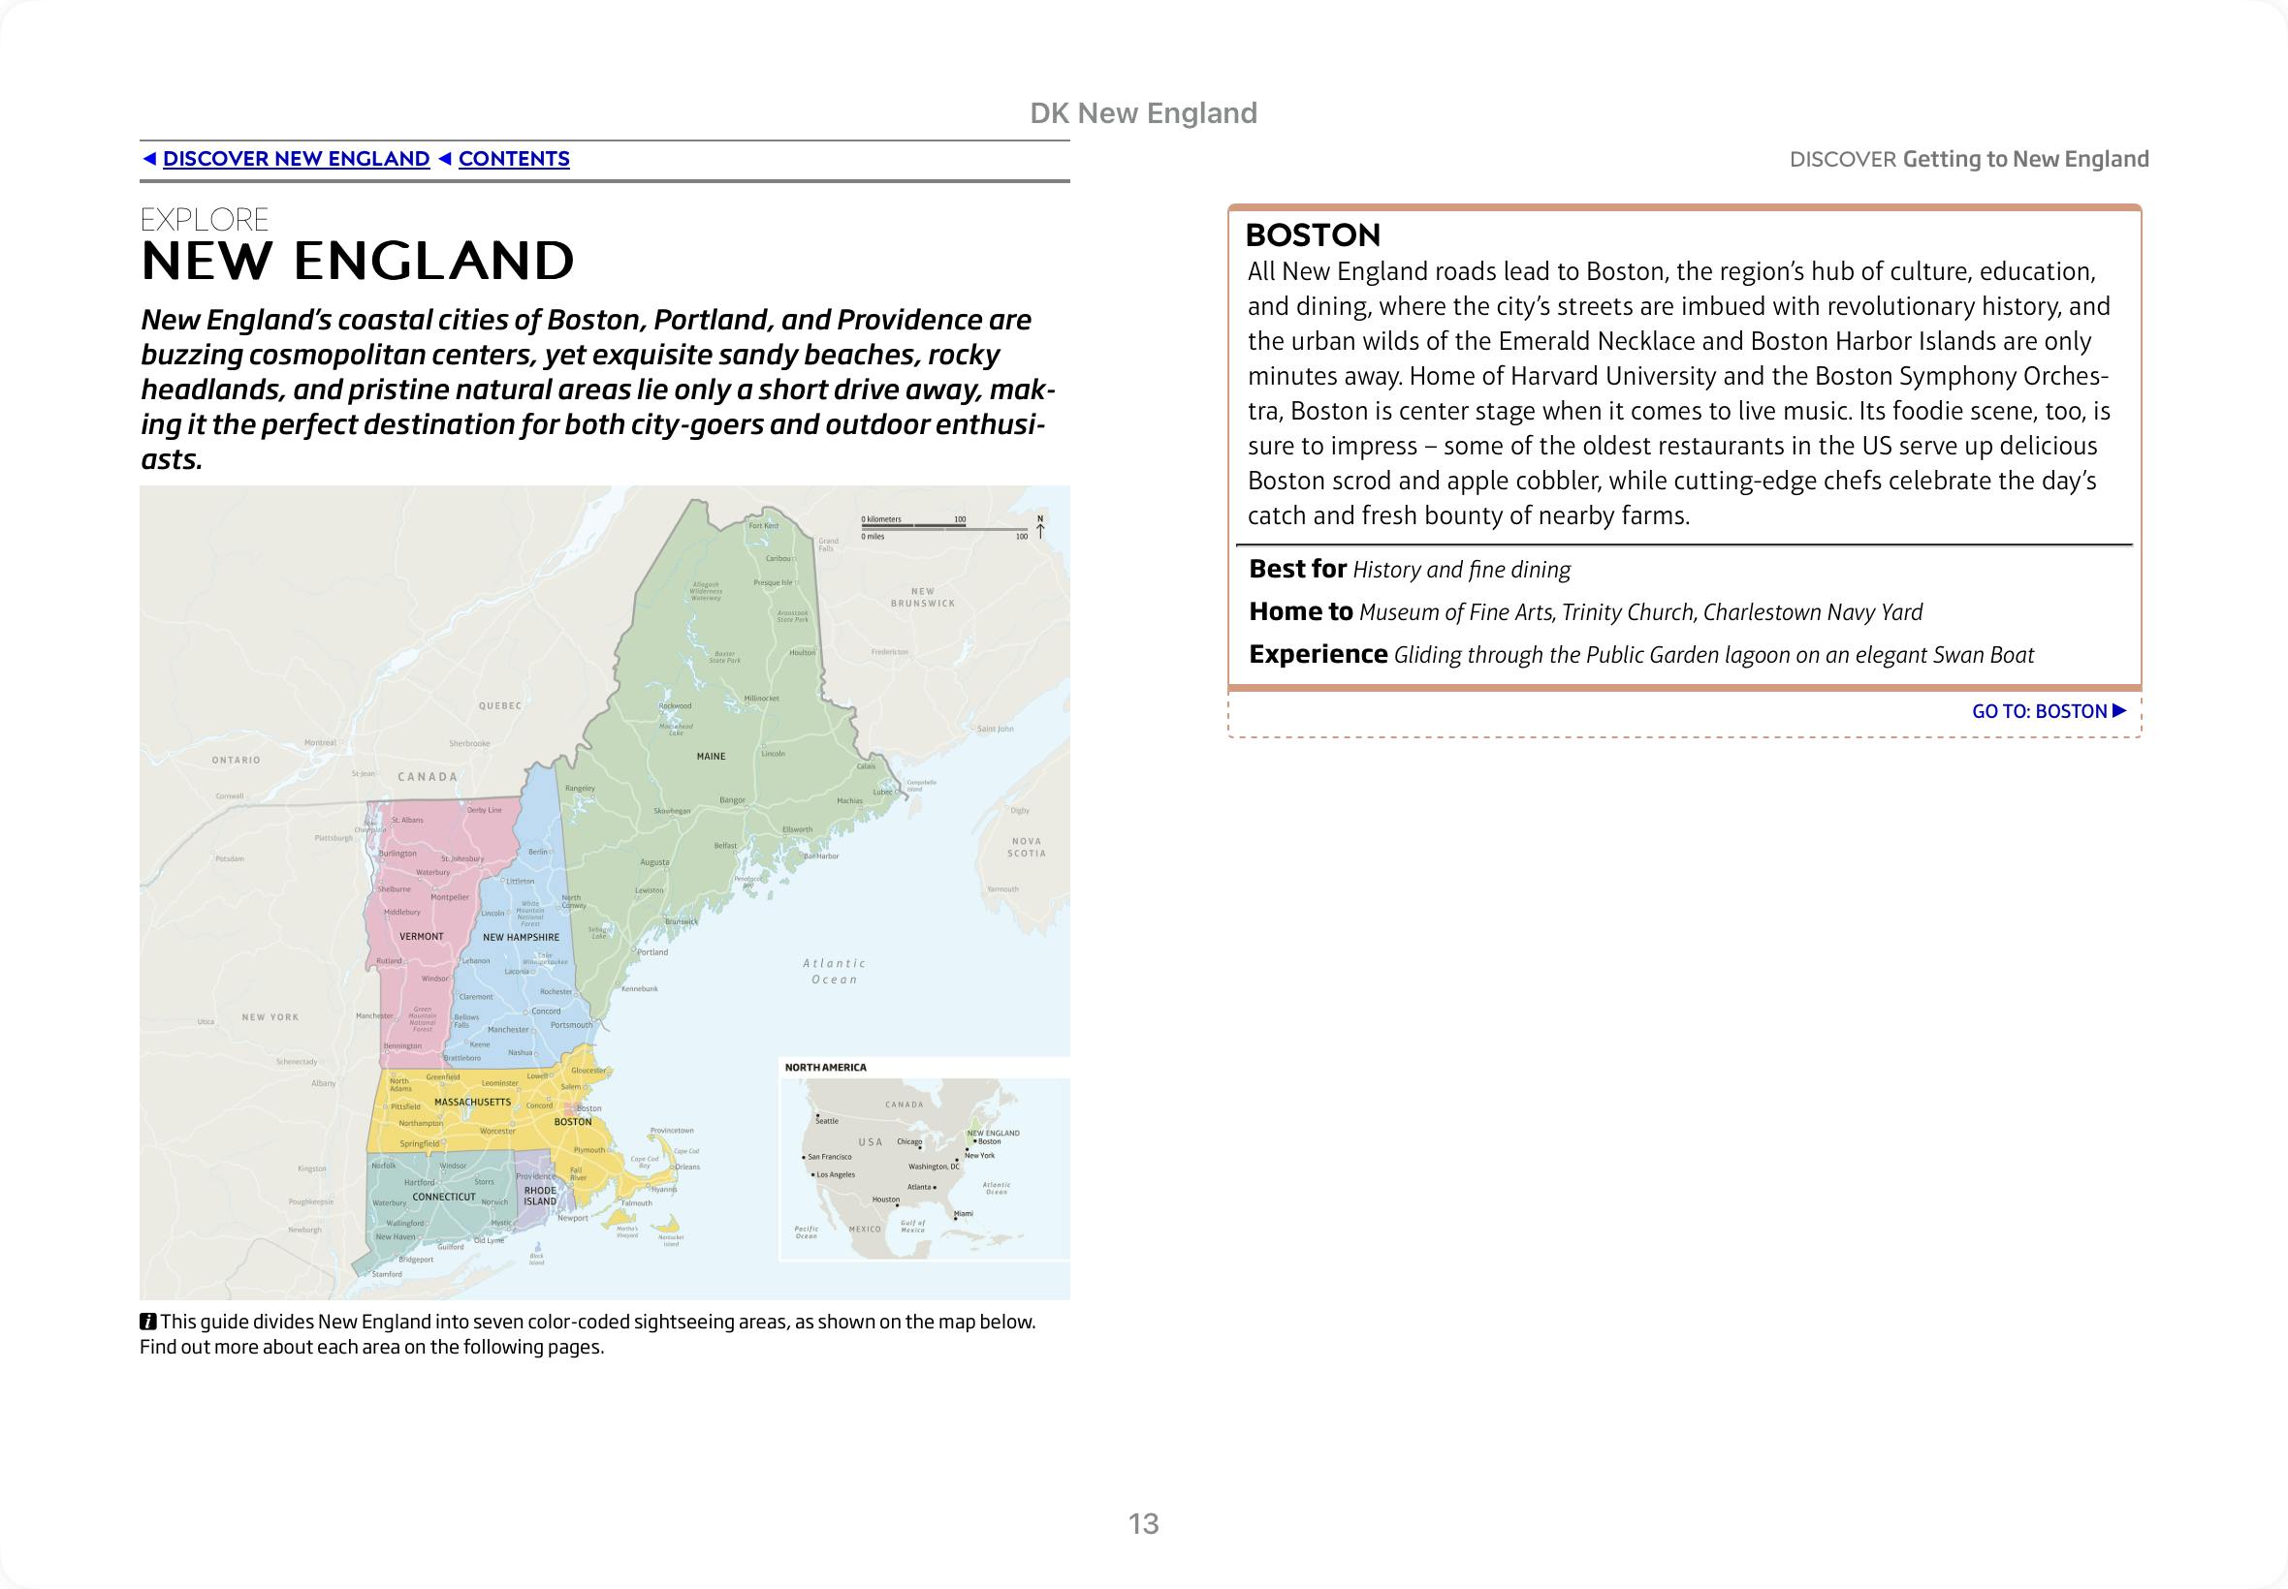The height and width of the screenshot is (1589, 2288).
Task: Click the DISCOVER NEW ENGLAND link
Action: coord(296,159)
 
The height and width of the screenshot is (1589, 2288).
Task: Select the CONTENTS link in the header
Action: coord(513,159)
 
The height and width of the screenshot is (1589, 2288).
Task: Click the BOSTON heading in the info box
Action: coord(1313,235)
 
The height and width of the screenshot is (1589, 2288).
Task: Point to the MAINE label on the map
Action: coord(712,757)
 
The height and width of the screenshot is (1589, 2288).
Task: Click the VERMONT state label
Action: coord(422,937)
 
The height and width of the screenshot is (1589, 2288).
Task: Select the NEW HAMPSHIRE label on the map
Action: coord(521,938)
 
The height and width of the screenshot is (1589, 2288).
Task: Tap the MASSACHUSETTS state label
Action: coord(472,1103)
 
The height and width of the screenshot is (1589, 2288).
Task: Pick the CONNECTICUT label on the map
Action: coord(444,1197)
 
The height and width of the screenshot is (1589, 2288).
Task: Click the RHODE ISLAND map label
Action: coord(541,1196)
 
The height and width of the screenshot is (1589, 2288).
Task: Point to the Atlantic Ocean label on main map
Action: coord(835,972)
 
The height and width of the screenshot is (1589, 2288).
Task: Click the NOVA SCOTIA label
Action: coord(1026,847)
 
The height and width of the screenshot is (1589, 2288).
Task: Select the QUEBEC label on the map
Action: coord(500,706)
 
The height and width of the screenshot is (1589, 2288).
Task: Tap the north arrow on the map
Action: coord(1040,527)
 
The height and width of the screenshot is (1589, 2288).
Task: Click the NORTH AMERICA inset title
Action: coord(826,1068)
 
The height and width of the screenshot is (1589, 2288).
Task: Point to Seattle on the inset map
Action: coord(827,1121)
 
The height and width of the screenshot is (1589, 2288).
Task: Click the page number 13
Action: coord(1143,1524)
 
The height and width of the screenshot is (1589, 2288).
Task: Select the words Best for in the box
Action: coord(1298,570)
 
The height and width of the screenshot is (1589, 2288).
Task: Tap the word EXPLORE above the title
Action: coord(206,220)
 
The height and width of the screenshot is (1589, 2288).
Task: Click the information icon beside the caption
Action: coord(147,1323)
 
